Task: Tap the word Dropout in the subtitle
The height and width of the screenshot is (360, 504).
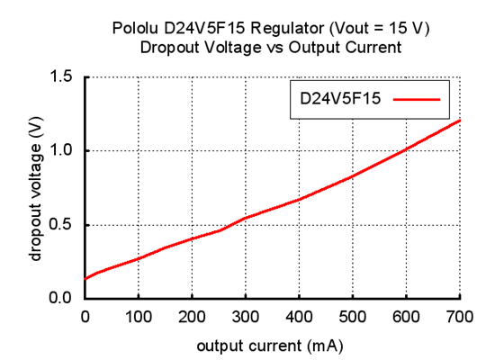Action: pos(169,48)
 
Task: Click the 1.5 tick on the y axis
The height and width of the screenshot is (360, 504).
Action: pos(61,77)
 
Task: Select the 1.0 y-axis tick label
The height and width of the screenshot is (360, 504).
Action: pos(61,151)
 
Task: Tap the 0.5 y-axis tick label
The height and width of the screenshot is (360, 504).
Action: pos(61,225)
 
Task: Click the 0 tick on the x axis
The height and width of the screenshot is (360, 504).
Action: pos(85,317)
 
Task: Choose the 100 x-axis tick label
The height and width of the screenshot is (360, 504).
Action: pos(139,317)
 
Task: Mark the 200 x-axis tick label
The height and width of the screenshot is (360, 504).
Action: pos(193,317)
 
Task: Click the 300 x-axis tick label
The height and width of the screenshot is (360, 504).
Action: pos(246,317)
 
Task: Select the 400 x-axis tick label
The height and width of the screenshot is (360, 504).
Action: pos(300,317)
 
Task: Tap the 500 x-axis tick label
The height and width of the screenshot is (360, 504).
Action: pos(353,317)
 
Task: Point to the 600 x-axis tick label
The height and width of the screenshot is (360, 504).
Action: pos(407,317)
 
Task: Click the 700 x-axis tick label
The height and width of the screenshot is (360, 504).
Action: pos(460,317)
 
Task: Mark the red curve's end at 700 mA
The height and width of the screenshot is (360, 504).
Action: pos(460,121)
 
